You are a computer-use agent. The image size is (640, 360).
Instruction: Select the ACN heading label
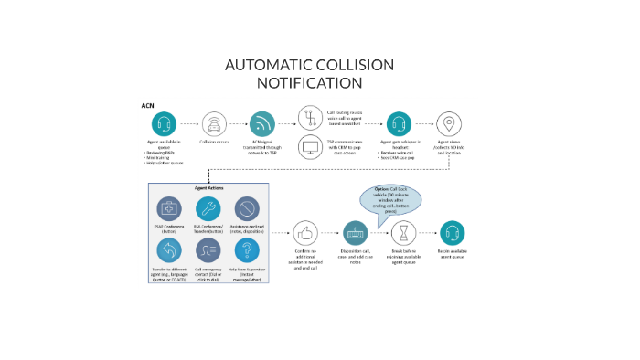[147, 106]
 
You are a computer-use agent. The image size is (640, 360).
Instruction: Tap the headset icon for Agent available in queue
[164, 123]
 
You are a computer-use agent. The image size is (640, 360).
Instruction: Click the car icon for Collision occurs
[214, 123]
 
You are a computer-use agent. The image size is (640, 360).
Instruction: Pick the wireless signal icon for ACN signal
[263, 123]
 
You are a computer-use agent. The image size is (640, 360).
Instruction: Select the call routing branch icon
[311, 118]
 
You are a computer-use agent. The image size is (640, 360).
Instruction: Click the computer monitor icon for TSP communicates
[311, 147]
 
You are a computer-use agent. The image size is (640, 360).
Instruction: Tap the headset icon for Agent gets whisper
[399, 123]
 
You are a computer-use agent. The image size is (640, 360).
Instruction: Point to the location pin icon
[448, 123]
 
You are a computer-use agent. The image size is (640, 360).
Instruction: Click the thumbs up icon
[305, 232]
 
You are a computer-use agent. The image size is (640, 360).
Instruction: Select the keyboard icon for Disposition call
[355, 232]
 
